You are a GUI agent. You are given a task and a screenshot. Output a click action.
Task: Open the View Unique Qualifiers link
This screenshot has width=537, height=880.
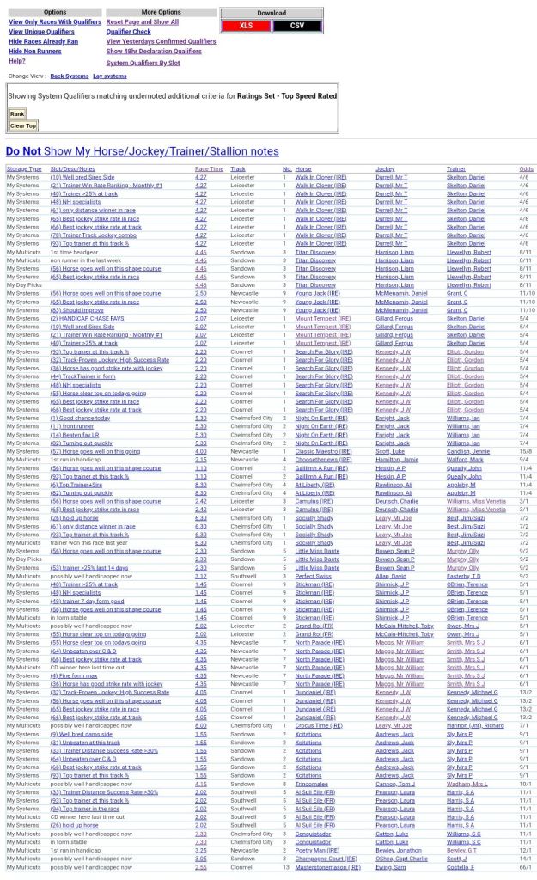[41, 31]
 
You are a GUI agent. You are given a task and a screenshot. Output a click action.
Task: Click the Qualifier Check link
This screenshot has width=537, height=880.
[128, 31]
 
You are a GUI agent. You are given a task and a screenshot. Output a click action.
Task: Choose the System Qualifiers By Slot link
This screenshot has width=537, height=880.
[143, 63]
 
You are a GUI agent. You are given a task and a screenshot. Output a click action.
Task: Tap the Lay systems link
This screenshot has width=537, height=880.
[109, 76]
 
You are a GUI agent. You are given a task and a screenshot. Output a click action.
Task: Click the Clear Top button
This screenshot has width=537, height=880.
[23, 125]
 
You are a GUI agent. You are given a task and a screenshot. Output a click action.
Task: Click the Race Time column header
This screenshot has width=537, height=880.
[209, 169]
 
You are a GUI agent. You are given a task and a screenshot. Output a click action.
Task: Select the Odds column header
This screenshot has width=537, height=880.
[526, 169]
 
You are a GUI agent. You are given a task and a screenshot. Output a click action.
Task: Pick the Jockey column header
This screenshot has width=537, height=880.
[385, 169]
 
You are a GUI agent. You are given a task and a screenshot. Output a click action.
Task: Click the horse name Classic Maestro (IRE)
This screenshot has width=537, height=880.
[323, 450]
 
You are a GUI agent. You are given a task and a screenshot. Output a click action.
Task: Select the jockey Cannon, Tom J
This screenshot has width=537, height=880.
[395, 784]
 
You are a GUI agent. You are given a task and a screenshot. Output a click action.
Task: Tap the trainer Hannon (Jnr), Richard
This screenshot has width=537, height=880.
[475, 725]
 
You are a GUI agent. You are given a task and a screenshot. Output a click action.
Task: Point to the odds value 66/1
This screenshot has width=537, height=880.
[525, 867]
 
